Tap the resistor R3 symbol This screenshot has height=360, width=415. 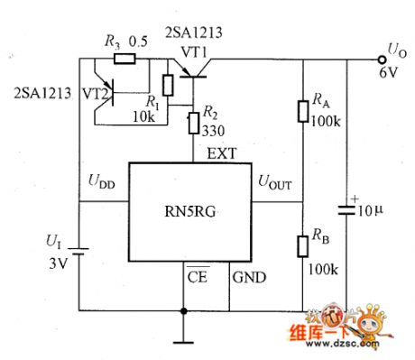(124, 59)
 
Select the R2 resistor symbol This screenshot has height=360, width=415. (193, 123)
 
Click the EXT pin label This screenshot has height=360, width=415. (222, 153)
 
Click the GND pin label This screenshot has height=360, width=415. (249, 280)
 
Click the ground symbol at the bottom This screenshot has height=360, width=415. (185, 340)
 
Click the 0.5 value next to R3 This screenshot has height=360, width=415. (139, 42)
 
